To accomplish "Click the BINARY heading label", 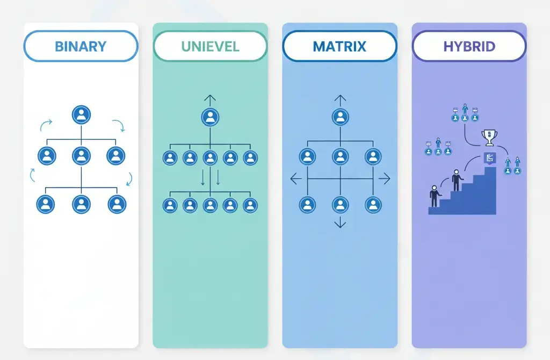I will pyautogui.click(x=81, y=46).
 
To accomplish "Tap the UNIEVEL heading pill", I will pyautogui.click(x=210, y=46).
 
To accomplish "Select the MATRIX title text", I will pyautogui.click(x=339, y=46).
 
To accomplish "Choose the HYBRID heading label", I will pyautogui.click(x=469, y=46).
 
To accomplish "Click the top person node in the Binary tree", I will pyautogui.click(x=81, y=114).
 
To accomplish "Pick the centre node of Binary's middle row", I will pyautogui.click(x=81, y=156).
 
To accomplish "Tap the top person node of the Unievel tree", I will pyautogui.click(x=210, y=118).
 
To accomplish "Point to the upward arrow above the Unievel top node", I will pyautogui.click(x=210, y=99).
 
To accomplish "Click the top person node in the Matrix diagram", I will pyautogui.click(x=339, y=118).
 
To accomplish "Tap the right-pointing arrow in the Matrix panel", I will pyautogui.click(x=385, y=179).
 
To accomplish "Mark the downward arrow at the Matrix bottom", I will pyautogui.click(x=339, y=224).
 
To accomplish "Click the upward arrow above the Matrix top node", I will pyautogui.click(x=339, y=99).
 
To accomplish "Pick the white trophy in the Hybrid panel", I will pyautogui.click(x=488, y=138).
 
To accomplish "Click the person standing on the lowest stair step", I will pyautogui.click(x=434, y=197).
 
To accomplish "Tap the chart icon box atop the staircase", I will pyautogui.click(x=489, y=158).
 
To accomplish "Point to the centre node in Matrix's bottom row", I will pyautogui.click(x=339, y=205).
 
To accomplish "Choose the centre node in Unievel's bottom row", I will pyautogui.click(x=210, y=205).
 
